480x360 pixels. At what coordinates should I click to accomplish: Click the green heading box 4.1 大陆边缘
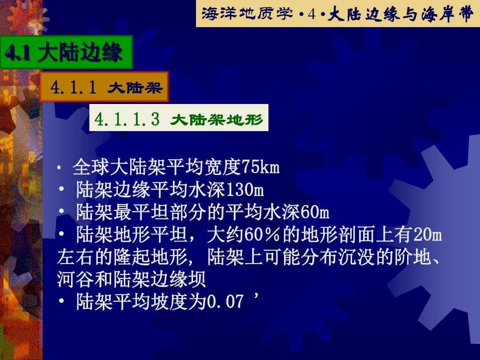[66, 52]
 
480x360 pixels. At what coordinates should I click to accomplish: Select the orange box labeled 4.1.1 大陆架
[104, 87]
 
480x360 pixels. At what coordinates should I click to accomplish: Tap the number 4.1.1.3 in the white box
[127, 119]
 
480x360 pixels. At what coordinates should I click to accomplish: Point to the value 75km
[260, 168]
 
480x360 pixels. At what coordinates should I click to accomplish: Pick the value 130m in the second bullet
[244, 189]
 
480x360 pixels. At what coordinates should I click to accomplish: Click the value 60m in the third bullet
[315, 212]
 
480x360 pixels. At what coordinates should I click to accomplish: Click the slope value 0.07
[225, 301]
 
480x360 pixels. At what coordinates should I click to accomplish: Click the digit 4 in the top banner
[312, 14]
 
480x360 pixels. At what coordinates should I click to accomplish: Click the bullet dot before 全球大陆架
[60, 168]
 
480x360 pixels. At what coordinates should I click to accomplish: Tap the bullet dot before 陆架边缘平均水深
[61, 189]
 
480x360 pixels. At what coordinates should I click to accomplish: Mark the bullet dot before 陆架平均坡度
[61, 301]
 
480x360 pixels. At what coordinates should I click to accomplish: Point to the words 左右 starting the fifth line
[76, 257]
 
